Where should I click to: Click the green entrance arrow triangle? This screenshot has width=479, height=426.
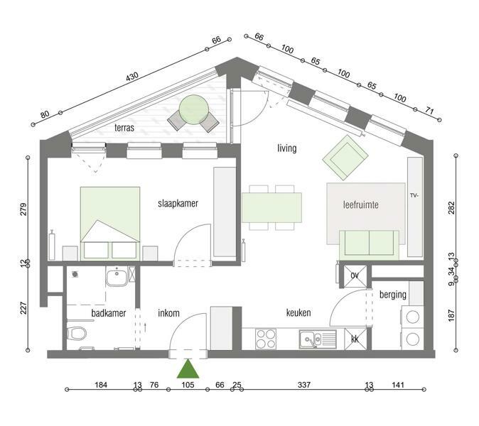pyautogui.click(x=188, y=369)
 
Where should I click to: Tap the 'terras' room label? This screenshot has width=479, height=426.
pyautogui.click(x=124, y=128)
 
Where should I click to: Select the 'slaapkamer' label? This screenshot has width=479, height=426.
pyautogui.click(x=178, y=204)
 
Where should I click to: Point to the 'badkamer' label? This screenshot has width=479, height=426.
pyautogui.click(x=109, y=313)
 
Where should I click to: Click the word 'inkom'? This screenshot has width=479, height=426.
pyautogui.click(x=168, y=313)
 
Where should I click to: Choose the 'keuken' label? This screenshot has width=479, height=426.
pyautogui.click(x=298, y=313)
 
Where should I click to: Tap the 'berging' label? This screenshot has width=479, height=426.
pyautogui.click(x=393, y=295)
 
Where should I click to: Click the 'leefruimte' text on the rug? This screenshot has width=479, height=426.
pyautogui.click(x=361, y=204)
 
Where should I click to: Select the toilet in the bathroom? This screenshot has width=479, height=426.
pyautogui.click(x=76, y=334)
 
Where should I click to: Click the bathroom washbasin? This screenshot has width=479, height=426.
pyautogui.click(x=117, y=276)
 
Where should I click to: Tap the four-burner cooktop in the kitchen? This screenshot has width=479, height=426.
pyautogui.click(x=266, y=339)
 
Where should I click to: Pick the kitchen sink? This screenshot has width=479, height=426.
pyautogui.click(x=318, y=339)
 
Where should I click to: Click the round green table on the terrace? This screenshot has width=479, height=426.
pyautogui.click(x=194, y=109)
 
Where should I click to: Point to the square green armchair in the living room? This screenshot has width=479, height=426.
pyautogui.click(x=345, y=158)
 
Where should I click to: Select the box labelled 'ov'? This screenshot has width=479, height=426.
pyautogui.click(x=355, y=276)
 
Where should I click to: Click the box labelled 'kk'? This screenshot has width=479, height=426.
pyautogui.click(x=355, y=339)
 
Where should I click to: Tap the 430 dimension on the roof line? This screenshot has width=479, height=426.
pyautogui.click(x=132, y=77)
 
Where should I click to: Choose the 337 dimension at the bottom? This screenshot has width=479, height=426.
pyautogui.click(x=304, y=385)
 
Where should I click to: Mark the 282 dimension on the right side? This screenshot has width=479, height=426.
pyautogui.click(x=451, y=208)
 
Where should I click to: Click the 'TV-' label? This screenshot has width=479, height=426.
pyautogui.click(x=414, y=195)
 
